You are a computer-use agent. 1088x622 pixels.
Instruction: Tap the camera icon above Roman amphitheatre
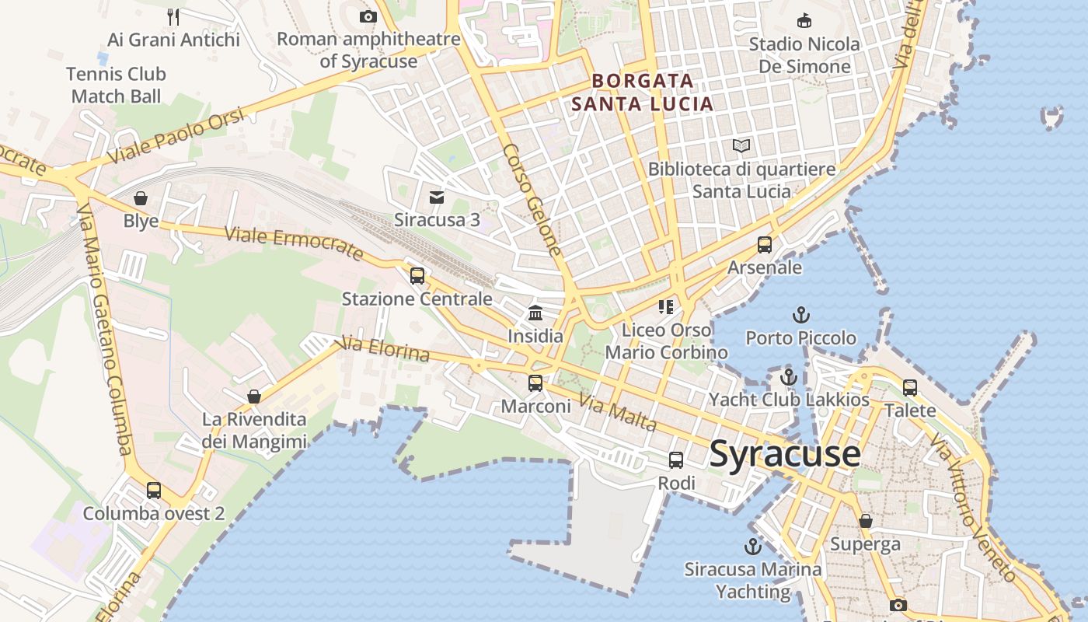(368, 16)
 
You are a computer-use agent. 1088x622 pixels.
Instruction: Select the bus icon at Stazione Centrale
(417, 276)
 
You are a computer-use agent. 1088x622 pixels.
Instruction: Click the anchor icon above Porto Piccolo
(800, 315)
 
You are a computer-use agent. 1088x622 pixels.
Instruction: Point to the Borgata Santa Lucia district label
(642, 92)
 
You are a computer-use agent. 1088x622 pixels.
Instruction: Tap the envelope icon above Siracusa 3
(437, 197)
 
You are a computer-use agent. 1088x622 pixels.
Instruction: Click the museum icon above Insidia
(535, 313)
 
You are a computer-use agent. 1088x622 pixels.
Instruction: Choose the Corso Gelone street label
(532, 199)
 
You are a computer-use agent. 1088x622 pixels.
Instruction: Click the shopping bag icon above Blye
(141, 198)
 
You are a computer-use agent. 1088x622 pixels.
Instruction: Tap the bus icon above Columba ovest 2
(154, 491)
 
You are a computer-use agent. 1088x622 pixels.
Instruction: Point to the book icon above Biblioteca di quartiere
(741, 146)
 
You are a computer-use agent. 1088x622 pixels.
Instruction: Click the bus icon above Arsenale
(765, 245)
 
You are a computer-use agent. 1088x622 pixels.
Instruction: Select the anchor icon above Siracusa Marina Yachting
(752, 546)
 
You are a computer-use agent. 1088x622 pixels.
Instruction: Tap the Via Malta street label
(619, 414)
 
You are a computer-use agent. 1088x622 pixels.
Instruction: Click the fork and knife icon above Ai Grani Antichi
(174, 16)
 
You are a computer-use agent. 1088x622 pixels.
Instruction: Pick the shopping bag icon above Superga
(865, 521)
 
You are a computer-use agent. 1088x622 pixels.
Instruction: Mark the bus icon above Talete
(910, 387)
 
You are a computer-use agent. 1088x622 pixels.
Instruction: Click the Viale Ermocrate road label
(294, 243)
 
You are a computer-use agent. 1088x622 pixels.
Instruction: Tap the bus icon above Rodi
(676, 460)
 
